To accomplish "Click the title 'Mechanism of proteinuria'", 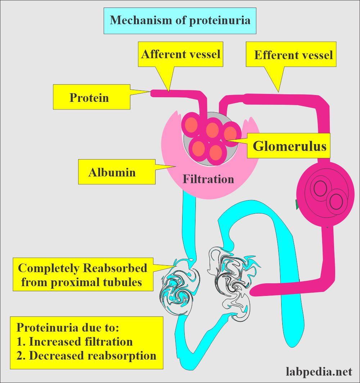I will pyautogui.click(x=180, y=20).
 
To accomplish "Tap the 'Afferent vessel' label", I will pyautogui.click(x=181, y=54).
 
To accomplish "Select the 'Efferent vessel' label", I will pyautogui.click(x=293, y=55).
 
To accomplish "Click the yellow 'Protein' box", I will pyautogui.click(x=91, y=97).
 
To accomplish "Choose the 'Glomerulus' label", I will pyautogui.click(x=289, y=146).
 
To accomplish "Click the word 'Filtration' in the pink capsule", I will pyautogui.click(x=208, y=179).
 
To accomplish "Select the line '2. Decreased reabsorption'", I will pyautogui.click(x=86, y=355).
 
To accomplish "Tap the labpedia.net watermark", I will pyautogui.click(x=319, y=371).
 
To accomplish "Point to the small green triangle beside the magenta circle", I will pyautogui.click(x=297, y=205).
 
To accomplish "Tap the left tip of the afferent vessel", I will pyautogui.click(x=153, y=93).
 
